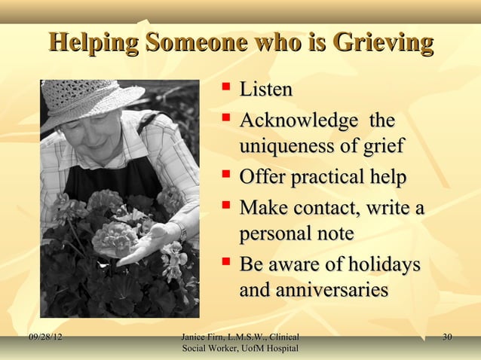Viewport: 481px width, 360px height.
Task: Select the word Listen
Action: [265, 90]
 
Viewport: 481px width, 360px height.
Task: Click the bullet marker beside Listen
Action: [225, 90]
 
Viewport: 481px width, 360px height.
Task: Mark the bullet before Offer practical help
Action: [225, 178]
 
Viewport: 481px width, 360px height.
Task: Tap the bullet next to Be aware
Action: [225, 265]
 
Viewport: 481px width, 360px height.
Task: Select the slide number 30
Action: [447, 337]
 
